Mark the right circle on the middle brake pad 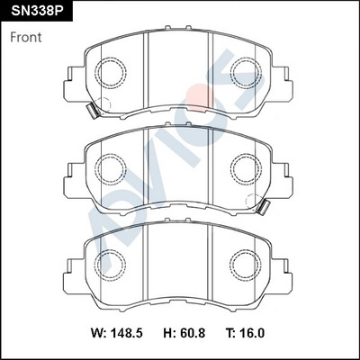click(x=245, y=167)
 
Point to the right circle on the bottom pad click(x=245, y=264)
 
